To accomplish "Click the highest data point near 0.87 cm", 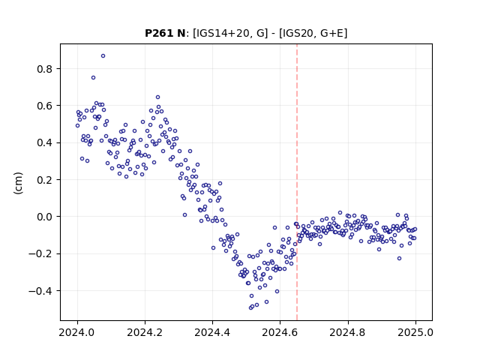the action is coord(103,56).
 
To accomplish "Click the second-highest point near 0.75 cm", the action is coord(93,78).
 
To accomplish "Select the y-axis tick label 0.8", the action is coord(45,69).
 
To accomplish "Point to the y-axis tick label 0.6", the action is coord(45,106).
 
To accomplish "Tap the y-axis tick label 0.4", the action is coord(45,143).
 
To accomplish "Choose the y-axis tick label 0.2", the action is coord(45,180).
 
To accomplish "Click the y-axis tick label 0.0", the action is coord(45,217).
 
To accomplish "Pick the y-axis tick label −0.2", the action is coord(40,254).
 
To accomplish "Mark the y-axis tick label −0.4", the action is coord(40,291).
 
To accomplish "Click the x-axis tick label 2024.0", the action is coord(77,332).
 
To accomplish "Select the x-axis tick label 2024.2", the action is coord(145,332).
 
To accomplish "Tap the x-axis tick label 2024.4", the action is coord(212,332).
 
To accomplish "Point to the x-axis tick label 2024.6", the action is coord(280,332).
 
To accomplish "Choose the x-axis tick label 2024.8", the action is coord(347,332).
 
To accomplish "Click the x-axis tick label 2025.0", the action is coord(415,332).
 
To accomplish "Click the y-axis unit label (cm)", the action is coord(18,183).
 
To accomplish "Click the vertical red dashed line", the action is coord(297,182).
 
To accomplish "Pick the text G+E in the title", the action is coord(332,33).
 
